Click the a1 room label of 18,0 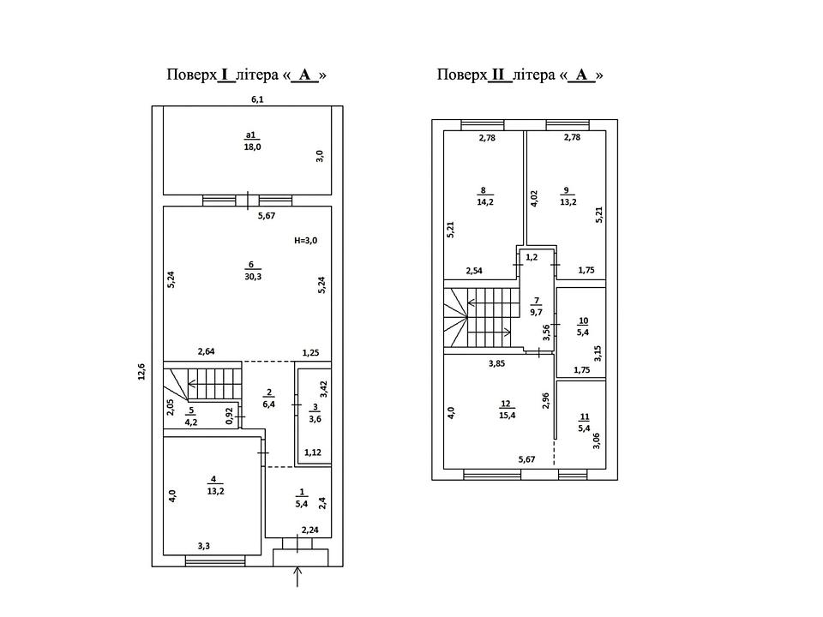pyautogui.click(x=252, y=141)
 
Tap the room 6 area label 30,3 pyautogui.click(x=253, y=271)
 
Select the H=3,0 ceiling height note pyautogui.click(x=305, y=241)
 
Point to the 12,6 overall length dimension pyautogui.click(x=141, y=371)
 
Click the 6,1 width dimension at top pyautogui.click(x=257, y=99)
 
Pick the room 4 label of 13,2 pyautogui.click(x=216, y=486)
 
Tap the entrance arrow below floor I pyautogui.click(x=298, y=576)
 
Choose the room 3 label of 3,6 pyautogui.click(x=315, y=413)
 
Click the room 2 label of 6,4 pyautogui.click(x=268, y=398)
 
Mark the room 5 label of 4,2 pyautogui.click(x=191, y=416)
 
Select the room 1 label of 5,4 pyautogui.click(x=302, y=499)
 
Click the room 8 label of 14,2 pyautogui.click(x=484, y=196)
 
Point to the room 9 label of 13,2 pyautogui.click(x=568, y=196)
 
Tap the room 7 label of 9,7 pyautogui.click(x=537, y=307)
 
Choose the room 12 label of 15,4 pyautogui.click(x=507, y=410)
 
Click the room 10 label pyautogui.click(x=583, y=326)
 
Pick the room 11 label pyautogui.click(x=584, y=422)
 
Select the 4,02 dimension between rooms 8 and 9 pyautogui.click(x=534, y=198)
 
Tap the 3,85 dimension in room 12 pyautogui.click(x=496, y=362)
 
